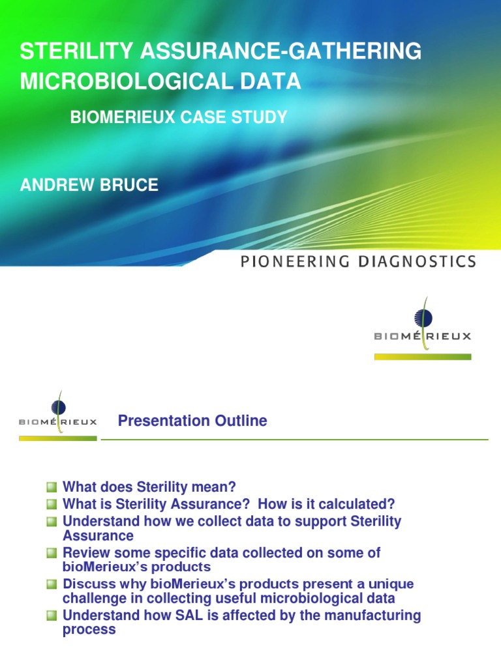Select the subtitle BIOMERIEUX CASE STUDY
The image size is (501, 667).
click(x=178, y=117)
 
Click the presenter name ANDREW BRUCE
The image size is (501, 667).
click(x=89, y=185)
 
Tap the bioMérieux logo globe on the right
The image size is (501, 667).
click(x=423, y=318)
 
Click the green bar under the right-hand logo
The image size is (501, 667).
click(x=422, y=357)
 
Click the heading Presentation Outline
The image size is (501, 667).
click(x=192, y=421)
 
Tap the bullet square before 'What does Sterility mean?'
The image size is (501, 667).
click(x=52, y=487)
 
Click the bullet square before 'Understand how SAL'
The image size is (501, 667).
click(x=52, y=616)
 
